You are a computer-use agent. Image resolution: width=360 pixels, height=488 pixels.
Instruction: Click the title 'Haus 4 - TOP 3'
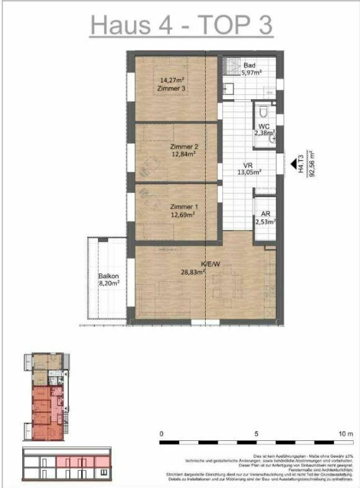(x=180, y=25)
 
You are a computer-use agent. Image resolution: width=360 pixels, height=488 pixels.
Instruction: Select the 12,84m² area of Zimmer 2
(x=183, y=154)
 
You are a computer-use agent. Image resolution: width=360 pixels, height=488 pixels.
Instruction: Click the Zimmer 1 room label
(x=183, y=207)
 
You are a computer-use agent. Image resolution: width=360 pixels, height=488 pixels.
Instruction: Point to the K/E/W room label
(x=191, y=264)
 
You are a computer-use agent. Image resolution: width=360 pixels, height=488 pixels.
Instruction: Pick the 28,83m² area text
(x=193, y=272)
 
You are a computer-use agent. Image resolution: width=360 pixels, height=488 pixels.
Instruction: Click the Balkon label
(x=108, y=276)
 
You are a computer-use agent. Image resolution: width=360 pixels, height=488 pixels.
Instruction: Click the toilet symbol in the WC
(x=263, y=112)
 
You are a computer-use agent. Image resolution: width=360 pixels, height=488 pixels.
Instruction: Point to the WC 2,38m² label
(x=265, y=129)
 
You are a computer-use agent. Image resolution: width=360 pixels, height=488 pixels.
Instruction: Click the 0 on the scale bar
(x=161, y=433)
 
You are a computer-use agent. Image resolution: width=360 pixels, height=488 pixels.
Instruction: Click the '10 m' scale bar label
(x=345, y=433)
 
